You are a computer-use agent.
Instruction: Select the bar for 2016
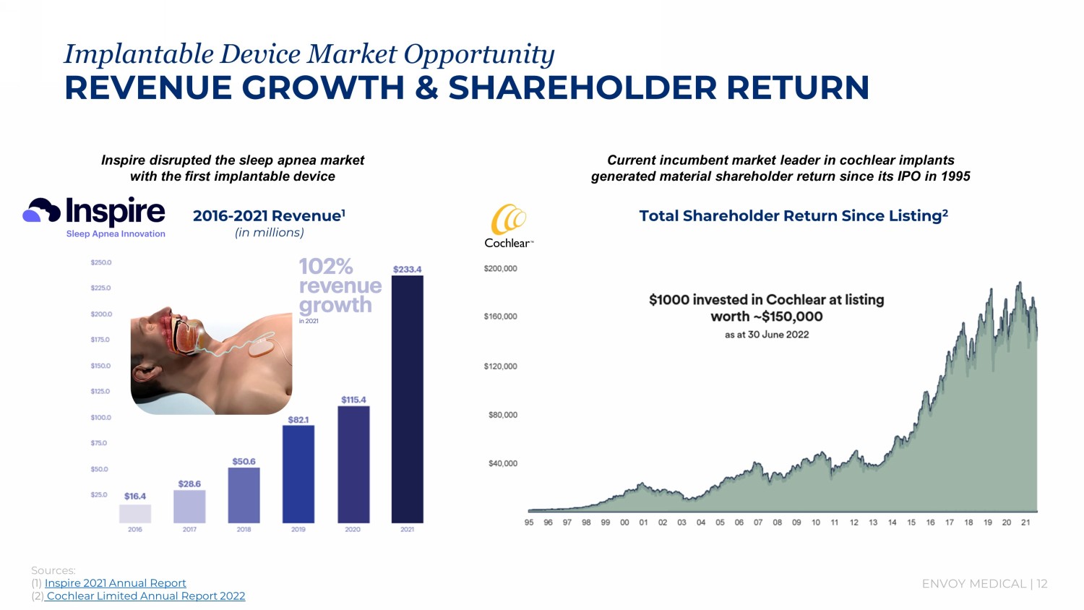(135, 514)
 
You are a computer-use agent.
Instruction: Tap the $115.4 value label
(353, 400)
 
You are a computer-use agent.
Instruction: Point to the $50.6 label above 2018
(244, 461)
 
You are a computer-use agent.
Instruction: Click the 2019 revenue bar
(298, 473)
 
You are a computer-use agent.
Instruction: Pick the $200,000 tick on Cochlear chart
(500, 269)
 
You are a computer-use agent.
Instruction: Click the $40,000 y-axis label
(503, 463)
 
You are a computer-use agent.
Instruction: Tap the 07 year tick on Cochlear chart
(758, 523)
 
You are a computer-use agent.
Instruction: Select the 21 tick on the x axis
(1025, 523)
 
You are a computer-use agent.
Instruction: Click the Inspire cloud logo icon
(41, 210)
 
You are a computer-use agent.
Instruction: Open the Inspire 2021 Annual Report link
(116, 583)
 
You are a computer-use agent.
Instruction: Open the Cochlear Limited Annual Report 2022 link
(145, 596)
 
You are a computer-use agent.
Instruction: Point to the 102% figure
(326, 267)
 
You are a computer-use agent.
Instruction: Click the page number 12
(1041, 584)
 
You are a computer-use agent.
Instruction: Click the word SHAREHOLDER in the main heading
(582, 88)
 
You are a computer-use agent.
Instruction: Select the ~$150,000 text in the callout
(792, 317)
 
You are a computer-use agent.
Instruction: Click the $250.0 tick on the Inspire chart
(101, 262)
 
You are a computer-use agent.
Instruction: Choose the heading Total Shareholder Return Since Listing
(793, 215)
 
